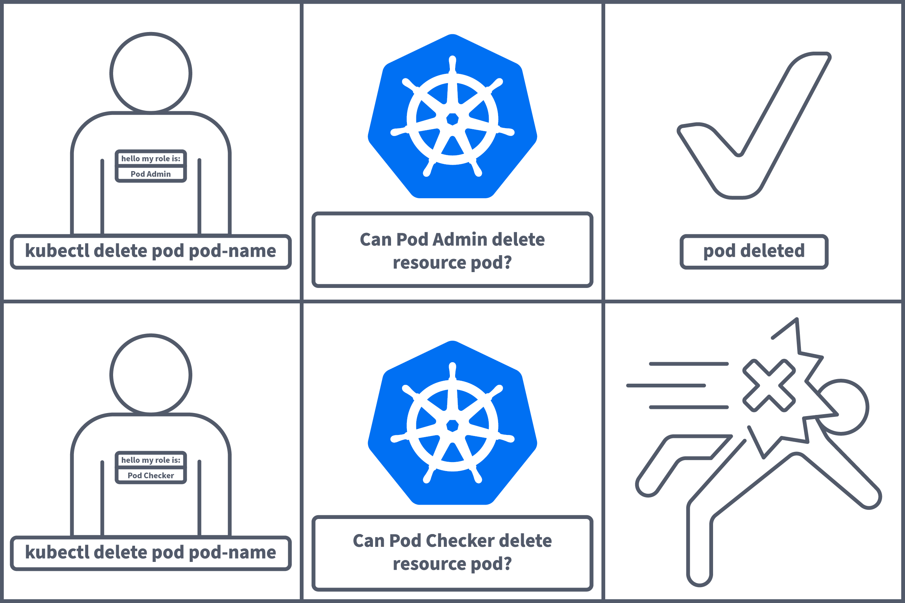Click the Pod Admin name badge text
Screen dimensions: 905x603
pos(150,174)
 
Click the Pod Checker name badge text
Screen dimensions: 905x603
pos(150,476)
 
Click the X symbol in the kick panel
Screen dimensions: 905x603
pos(769,385)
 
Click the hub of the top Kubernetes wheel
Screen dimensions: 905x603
pos(452,119)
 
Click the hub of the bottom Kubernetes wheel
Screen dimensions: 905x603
pos(452,426)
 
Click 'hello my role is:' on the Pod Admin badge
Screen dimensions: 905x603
pos(150,159)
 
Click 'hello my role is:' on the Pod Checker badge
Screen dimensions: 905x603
pos(150,460)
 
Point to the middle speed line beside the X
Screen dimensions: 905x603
pos(666,385)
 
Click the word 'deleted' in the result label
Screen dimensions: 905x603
pos(772,251)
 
